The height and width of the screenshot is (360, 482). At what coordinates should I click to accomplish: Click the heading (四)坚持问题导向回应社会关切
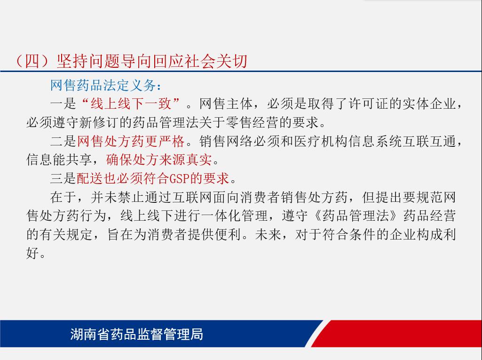pyautogui.click(x=131, y=61)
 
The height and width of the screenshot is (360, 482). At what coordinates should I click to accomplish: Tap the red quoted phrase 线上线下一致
pyautogui.click(x=131, y=104)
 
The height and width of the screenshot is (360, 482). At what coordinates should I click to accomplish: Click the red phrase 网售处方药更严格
pyautogui.click(x=131, y=141)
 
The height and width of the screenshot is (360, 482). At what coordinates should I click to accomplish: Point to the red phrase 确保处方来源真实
pyautogui.click(x=159, y=160)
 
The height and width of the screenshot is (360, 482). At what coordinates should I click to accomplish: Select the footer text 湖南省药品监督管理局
pyautogui.click(x=136, y=334)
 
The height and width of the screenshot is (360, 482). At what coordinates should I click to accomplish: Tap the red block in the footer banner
pyautogui.click(x=396, y=334)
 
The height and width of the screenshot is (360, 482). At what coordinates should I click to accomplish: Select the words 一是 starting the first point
pyautogui.click(x=63, y=104)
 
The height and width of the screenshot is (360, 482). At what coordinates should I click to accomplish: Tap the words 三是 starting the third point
pyautogui.click(x=63, y=178)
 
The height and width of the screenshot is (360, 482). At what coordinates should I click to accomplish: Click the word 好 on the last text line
pyautogui.click(x=32, y=253)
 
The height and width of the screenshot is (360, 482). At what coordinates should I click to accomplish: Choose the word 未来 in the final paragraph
pyautogui.click(x=268, y=234)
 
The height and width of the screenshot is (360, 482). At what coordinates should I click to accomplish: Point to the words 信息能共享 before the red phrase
pyautogui.click(x=59, y=160)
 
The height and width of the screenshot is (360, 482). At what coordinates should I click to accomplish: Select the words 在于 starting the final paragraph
pyautogui.click(x=63, y=197)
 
